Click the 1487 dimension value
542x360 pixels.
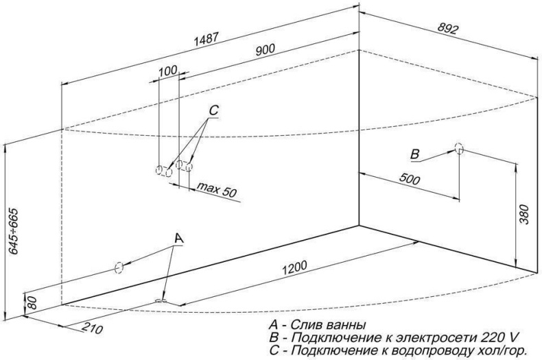pos(207,40)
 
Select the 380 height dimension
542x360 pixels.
pos(524,215)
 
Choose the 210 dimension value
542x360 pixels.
pos(89,328)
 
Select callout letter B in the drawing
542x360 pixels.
pos(415,152)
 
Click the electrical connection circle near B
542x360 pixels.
pos(459,148)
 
